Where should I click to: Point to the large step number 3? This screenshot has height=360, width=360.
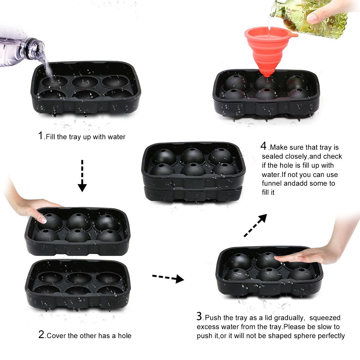[x=199, y=316]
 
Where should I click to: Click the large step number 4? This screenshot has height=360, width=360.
[x=263, y=146]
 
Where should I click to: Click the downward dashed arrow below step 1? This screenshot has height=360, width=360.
[x=82, y=176]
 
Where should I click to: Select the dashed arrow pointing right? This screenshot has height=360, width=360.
[x=168, y=278]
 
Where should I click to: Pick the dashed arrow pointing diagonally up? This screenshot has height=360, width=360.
[x=255, y=226]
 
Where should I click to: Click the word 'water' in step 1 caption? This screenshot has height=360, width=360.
[x=117, y=137]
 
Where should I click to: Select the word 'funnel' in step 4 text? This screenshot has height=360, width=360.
[x=272, y=183]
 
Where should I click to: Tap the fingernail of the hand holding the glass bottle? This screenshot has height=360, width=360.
[x=311, y=18]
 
